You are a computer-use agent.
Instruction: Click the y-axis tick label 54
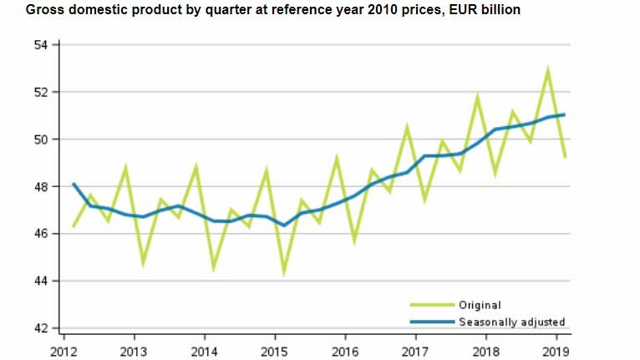tap(41, 44)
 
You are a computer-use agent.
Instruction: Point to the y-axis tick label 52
tap(41, 92)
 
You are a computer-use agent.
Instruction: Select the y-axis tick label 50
tap(41, 139)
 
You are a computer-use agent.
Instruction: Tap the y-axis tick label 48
tap(41, 186)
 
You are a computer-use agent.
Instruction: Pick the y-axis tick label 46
tap(41, 234)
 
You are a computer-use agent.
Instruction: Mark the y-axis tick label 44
tap(41, 281)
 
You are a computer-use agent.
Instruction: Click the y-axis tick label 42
tap(41, 328)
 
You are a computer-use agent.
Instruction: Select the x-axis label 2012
tap(63, 351)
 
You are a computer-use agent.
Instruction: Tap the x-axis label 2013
tap(133, 351)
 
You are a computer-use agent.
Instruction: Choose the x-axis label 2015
tap(275, 351)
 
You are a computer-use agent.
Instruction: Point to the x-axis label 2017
tap(416, 351)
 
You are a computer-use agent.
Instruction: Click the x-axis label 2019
tap(557, 351)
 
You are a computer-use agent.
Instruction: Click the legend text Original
tap(480, 306)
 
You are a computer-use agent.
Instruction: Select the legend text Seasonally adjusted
tap(511, 322)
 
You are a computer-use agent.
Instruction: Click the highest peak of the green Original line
tap(548, 70)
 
